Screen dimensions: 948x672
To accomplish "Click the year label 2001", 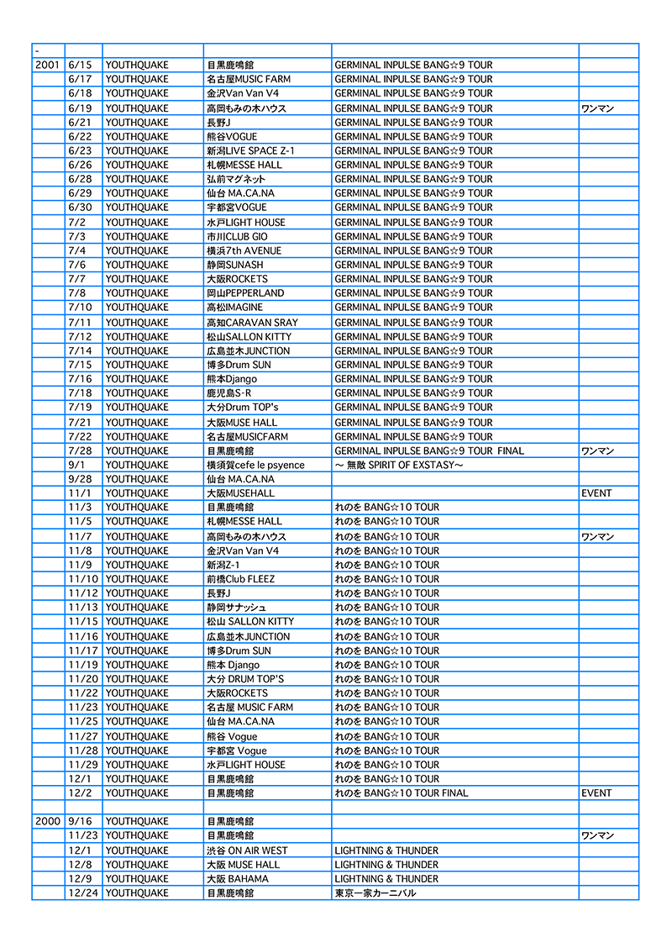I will pos(47,65).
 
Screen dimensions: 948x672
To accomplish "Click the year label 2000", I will pos(47,821).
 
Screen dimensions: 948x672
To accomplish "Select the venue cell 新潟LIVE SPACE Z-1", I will pos(250,150).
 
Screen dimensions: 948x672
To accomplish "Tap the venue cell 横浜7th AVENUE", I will pos(244,250).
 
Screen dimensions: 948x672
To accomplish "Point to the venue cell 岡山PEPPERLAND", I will pos(245,292).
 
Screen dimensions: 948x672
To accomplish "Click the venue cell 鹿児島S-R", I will pos(228,392).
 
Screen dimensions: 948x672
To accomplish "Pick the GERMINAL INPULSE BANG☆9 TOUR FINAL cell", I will pos(428,450).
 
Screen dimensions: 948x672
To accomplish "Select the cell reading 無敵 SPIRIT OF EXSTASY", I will pos(399,465).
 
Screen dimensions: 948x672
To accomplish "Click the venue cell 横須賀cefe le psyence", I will pos(255,465).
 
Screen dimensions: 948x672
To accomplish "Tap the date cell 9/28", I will pos(80,478).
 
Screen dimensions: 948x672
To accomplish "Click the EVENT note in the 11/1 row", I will pos(596,492).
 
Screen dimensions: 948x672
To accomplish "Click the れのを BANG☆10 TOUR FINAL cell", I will pos(402,793).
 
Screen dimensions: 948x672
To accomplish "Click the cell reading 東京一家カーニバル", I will pos(375,893).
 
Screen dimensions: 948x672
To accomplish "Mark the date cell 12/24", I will pos(83,893).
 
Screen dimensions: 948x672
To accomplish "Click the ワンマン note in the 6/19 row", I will pos(597,108).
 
